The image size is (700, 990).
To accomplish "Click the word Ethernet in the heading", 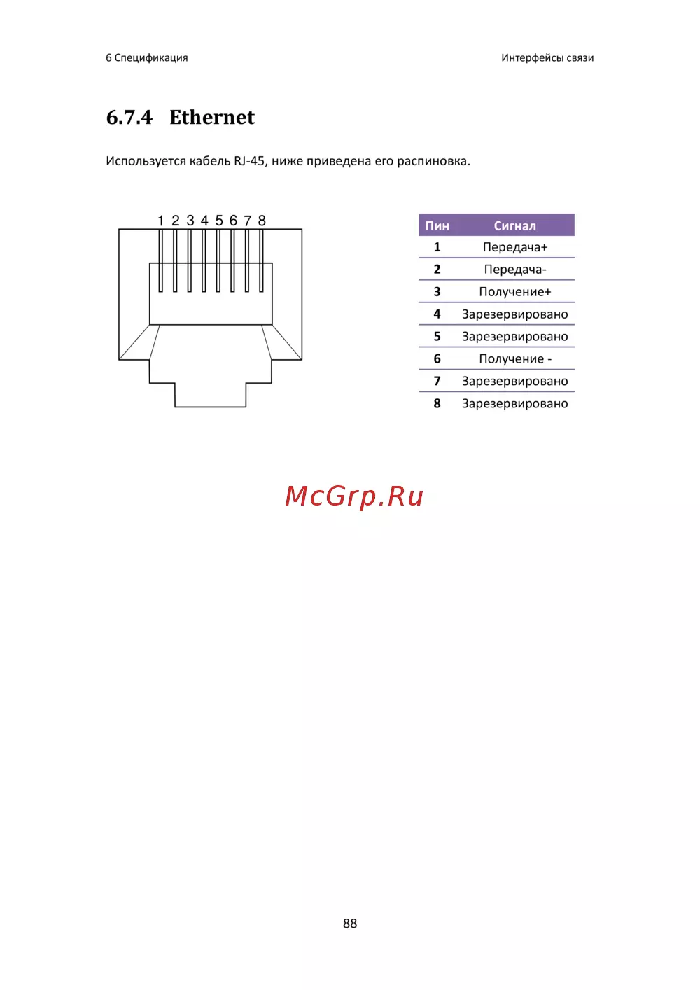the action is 211,117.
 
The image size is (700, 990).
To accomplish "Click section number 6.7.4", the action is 129,117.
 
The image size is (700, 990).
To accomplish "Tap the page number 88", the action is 349,923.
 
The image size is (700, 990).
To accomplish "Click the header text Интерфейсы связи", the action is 547,58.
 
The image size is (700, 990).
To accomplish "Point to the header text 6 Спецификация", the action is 147,58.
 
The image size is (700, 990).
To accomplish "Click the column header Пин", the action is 437,226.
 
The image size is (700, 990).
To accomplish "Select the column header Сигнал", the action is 514,226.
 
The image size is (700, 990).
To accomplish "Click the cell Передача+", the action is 514,247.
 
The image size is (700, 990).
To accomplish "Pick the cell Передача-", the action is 514,269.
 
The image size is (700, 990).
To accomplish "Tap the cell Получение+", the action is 514,292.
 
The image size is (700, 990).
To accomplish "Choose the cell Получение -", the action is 515,359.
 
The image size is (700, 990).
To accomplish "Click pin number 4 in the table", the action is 437,314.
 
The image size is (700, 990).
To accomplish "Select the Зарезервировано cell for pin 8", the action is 514,403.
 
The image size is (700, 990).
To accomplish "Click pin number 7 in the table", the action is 437,381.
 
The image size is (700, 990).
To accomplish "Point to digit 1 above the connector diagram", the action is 161,221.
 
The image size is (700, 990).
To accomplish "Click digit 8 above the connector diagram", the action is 262,221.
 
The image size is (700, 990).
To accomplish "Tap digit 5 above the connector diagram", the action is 219,221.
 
